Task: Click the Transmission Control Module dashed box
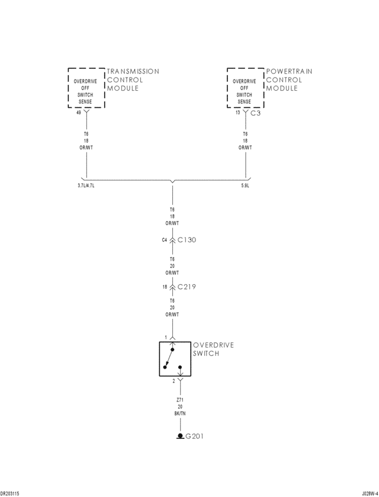(x=86, y=88)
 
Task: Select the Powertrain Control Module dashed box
(x=245, y=88)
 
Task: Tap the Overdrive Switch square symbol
(x=175, y=359)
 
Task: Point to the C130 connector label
(x=187, y=241)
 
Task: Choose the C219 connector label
(x=187, y=287)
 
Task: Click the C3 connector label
(x=255, y=113)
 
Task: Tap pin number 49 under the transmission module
(x=78, y=113)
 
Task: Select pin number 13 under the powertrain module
(x=237, y=112)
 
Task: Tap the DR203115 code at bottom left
(x=10, y=493)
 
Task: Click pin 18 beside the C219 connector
(x=165, y=287)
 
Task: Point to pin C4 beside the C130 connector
(x=165, y=241)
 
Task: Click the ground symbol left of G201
(x=180, y=437)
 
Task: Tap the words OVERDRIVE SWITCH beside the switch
(x=214, y=349)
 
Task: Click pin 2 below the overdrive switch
(x=174, y=381)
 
